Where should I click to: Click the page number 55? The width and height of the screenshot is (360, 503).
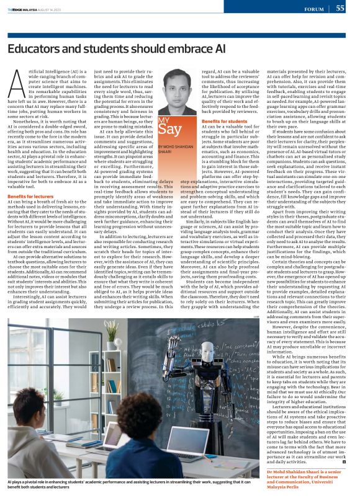(x=340, y=8)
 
